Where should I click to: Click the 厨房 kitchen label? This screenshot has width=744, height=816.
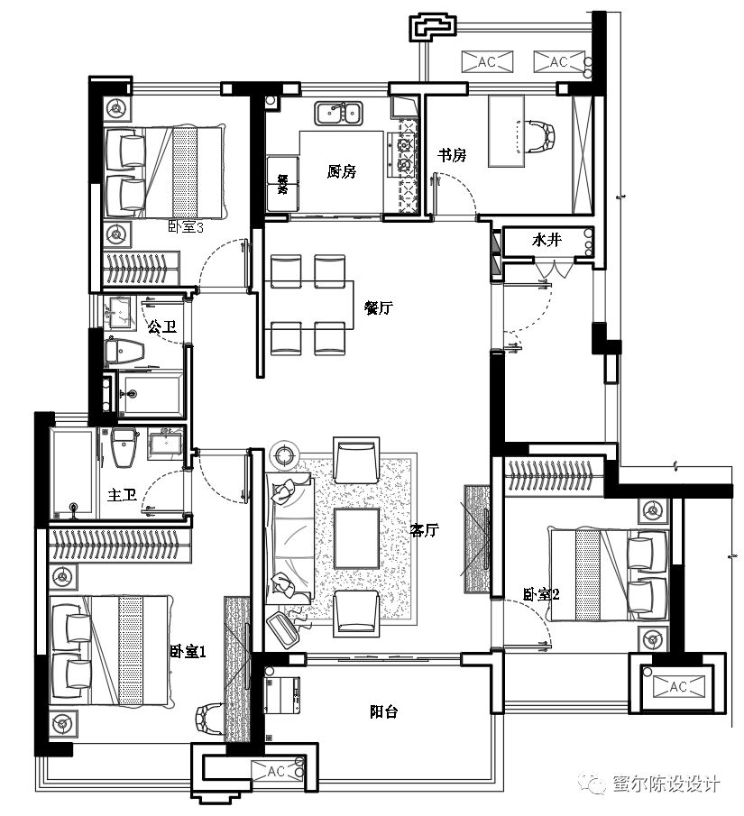[x=342, y=171]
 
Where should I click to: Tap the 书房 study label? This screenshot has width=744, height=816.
[x=452, y=155]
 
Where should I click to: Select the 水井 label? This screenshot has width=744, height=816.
[x=547, y=241]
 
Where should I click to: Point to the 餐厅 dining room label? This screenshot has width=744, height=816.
[x=378, y=307]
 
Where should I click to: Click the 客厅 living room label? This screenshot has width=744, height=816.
[x=424, y=531]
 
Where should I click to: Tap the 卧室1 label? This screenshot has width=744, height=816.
[x=188, y=651]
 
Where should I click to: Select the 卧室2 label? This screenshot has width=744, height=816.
[x=541, y=594]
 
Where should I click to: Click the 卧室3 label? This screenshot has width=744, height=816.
[x=186, y=227]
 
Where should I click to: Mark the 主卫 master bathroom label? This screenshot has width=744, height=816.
[x=122, y=496]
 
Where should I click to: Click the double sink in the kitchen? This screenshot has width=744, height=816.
[x=338, y=114]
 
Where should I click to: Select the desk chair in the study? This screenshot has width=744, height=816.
[x=543, y=135]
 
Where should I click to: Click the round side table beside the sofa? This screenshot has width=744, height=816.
[x=286, y=454]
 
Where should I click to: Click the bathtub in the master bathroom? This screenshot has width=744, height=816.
[x=73, y=474]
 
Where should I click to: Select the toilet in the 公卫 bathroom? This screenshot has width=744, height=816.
[x=124, y=351]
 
